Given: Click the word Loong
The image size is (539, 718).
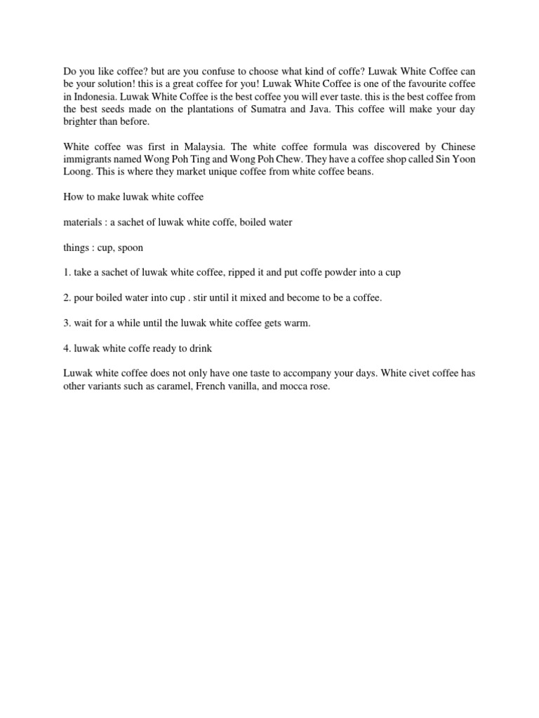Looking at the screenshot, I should pos(77,172).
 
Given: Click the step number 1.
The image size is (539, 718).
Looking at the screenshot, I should pos(67,272).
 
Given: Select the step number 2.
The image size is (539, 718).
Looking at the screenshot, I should pos(67,297).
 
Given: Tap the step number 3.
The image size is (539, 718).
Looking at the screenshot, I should pos(67,323).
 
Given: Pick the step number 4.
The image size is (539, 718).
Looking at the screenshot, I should pos(67,348).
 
